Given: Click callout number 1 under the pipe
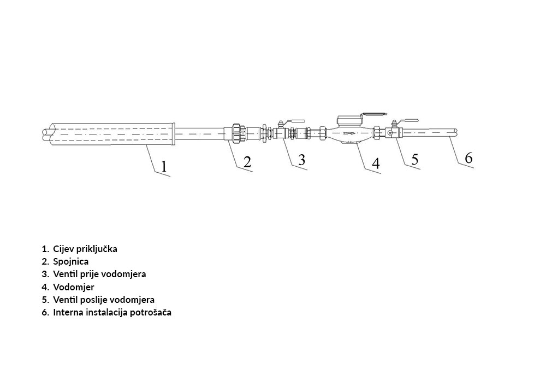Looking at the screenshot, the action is point(164,167).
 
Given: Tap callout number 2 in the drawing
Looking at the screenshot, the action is point(247,162).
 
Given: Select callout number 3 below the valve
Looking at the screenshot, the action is point(301,160).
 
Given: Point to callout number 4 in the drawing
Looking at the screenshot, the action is point(376,163).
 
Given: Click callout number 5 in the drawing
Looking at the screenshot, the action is point(414,159).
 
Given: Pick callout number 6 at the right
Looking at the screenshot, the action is point(468,158).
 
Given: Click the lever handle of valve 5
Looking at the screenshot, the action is point(408,121).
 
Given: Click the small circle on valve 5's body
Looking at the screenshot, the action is point(390,133).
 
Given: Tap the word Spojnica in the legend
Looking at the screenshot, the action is point(70,261).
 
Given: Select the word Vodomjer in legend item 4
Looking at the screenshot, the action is point(74,287).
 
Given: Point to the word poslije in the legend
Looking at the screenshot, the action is point(87,300).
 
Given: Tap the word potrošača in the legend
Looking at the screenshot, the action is point(151,312).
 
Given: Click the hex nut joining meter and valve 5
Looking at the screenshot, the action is point(377,133).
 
